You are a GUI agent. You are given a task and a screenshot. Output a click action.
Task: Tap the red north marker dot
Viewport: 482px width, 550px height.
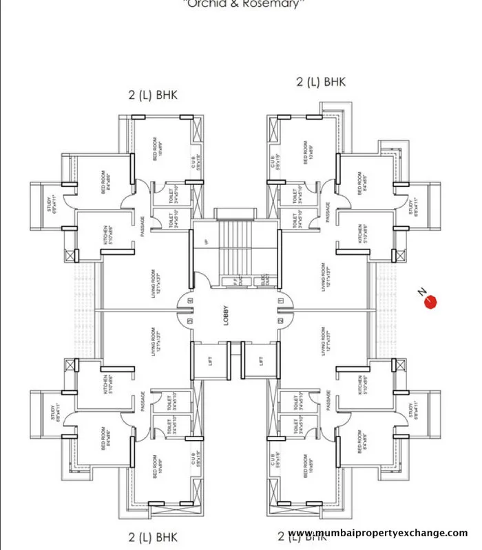pos(432,302)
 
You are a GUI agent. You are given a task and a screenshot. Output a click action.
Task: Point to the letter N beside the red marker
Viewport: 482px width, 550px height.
pos(421,291)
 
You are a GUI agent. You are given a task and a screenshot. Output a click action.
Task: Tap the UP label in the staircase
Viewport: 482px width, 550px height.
pos(206,243)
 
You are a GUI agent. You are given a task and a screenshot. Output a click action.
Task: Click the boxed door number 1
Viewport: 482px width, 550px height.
pos(280,301)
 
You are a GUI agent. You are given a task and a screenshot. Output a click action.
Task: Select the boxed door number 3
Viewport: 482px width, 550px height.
pos(190,320)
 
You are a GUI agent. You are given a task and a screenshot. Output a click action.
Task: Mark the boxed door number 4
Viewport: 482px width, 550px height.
pos(190,301)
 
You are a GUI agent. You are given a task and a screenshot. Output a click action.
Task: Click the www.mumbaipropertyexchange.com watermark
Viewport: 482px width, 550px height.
pos(377,533)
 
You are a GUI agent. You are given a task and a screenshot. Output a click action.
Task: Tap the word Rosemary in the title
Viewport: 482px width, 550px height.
pos(277,4)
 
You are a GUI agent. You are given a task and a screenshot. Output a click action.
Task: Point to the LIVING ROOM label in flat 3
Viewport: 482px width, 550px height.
pos(156,342)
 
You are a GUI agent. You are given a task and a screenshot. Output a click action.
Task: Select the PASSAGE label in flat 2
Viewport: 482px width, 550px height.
pos(328,403)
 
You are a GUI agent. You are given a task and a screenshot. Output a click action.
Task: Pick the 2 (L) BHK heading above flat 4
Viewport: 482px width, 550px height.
pos(153,95)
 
